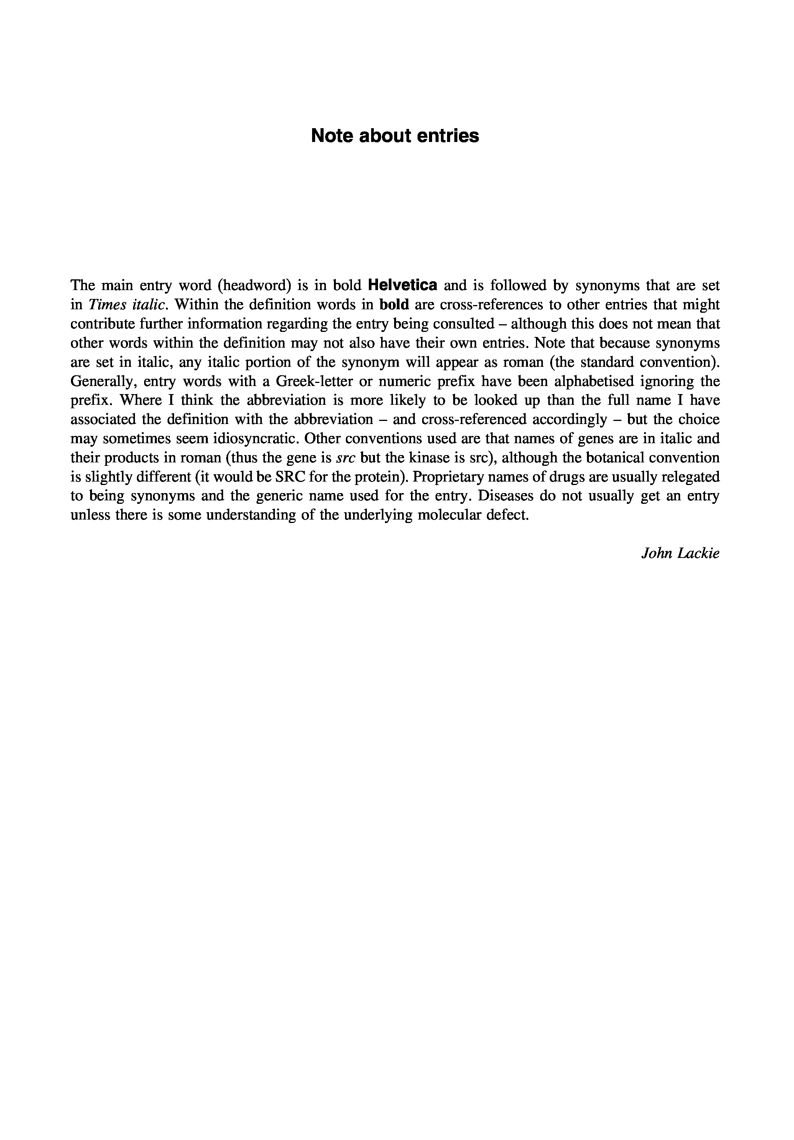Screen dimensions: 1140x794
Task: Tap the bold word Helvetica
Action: click(403, 285)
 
